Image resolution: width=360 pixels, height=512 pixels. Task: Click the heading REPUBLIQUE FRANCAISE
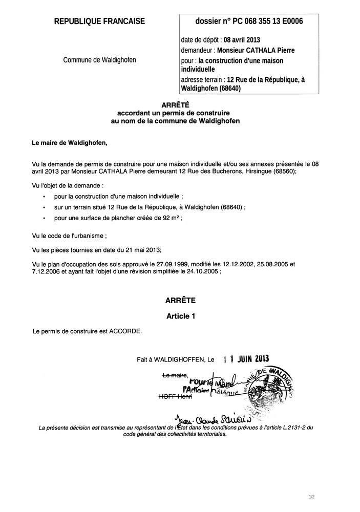coord(99,21)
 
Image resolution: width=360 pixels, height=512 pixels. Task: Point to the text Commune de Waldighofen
coord(99,60)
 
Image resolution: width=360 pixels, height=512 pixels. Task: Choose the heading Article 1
coord(180,316)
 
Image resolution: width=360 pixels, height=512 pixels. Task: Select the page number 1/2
coord(312,497)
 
